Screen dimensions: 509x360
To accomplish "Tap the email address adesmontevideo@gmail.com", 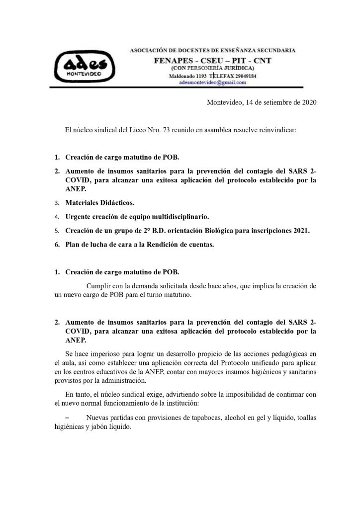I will tap(213, 83).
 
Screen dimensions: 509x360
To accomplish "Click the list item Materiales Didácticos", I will tap(99, 203).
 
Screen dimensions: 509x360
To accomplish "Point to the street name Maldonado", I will tap(184, 76).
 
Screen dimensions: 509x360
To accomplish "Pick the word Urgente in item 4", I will tap(79, 217).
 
